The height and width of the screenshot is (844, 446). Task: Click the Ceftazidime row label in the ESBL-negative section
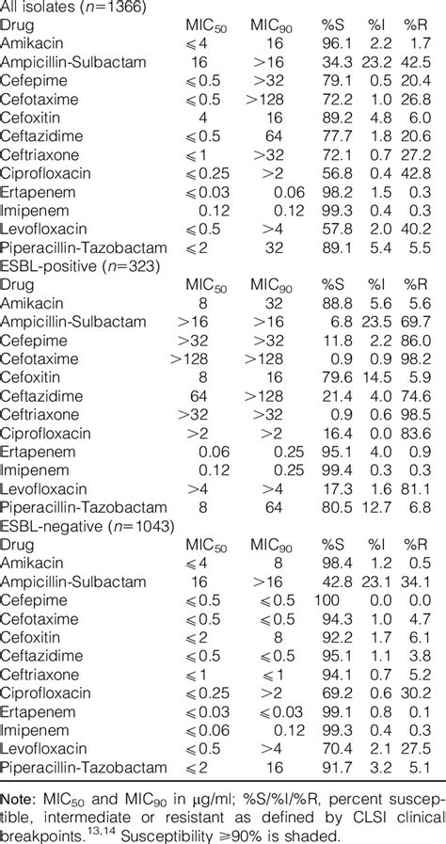click(x=42, y=649)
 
